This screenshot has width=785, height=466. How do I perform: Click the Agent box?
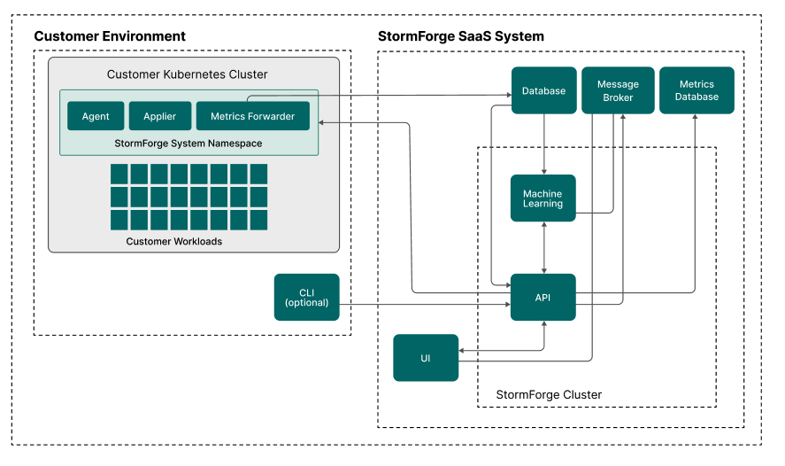pos(96,116)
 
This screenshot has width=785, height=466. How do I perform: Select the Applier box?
pos(160,116)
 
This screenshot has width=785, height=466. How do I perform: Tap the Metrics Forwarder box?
pos(252,116)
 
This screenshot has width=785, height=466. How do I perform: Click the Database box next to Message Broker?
pos(543,90)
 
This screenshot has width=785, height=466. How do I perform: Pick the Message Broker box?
pos(618,90)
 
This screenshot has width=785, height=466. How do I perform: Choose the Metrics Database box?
pos(696,90)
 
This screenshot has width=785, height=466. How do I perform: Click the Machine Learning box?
pos(543,198)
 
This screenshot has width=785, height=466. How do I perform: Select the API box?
pos(543,297)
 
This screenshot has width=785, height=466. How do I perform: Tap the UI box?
pos(426,358)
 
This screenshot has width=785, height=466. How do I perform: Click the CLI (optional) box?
pos(306,297)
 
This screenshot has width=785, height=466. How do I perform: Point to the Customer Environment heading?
pos(110,36)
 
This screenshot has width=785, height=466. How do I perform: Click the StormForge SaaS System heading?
pos(460,36)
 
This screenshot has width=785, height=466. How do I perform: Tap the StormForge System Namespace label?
pos(189,143)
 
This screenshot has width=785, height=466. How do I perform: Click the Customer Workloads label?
pos(174,241)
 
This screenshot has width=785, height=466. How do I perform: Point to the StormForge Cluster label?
pos(549,394)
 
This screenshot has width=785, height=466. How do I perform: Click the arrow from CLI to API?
pos(425,306)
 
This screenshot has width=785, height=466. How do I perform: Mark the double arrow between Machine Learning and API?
pos(543,247)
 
